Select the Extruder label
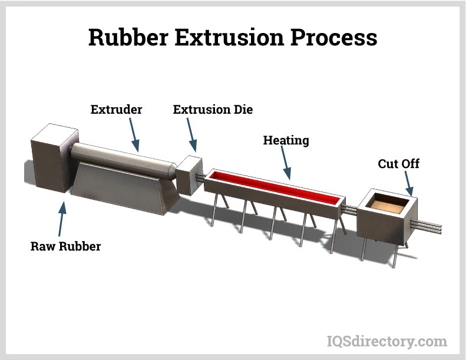(116, 110)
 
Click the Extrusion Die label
(213, 110)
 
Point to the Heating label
(286, 141)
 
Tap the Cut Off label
(399, 163)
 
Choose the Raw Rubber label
(65, 246)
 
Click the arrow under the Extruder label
(133, 136)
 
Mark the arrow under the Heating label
(286, 162)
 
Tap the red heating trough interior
(277, 187)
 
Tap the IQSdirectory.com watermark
(386, 341)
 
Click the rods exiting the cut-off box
(433, 227)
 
